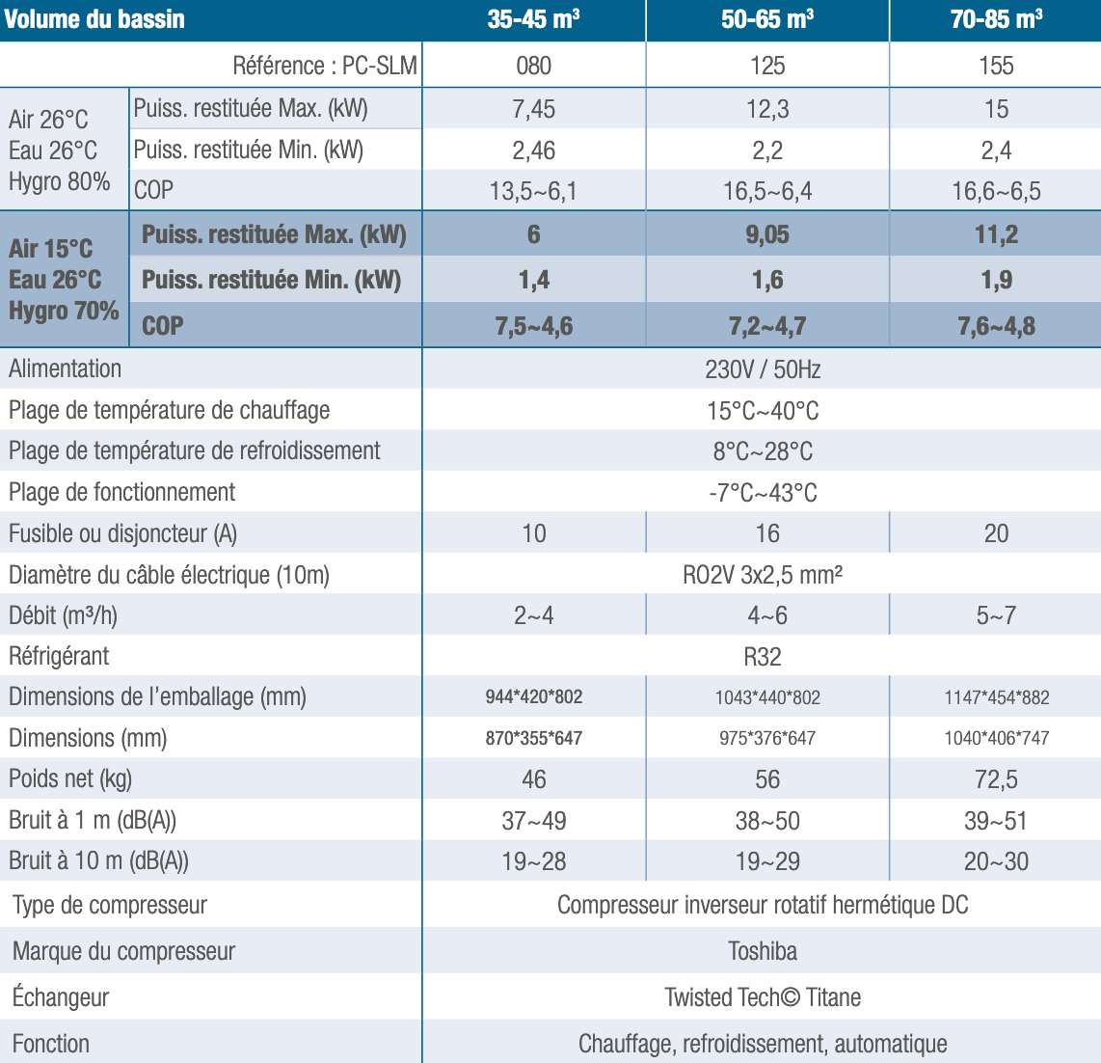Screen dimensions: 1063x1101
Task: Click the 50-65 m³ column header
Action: click(x=766, y=20)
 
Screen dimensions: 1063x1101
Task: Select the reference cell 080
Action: click(x=533, y=66)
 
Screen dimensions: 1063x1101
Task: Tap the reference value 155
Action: click(x=996, y=66)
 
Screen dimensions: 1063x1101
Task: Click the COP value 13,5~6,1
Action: click(x=533, y=191)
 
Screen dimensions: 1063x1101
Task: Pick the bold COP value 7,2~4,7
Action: click(x=767, y=326)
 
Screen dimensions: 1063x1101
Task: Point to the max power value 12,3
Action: click(x=767, y=109)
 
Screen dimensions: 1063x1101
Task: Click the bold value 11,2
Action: click(x=996, y=234)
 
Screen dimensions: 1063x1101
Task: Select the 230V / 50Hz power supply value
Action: click(x=763, y=369)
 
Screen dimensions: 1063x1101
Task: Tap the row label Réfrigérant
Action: click(x=59, y=657)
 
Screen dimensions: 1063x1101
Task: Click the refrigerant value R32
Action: click(x=763, y=657)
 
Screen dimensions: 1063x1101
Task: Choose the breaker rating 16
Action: click(x=767, y=533)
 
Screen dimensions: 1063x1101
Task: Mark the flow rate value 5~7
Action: click(x=996, y=615)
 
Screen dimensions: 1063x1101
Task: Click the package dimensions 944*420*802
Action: click(x=533, y=696)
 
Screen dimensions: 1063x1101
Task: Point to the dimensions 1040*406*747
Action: click(x=996, y=738)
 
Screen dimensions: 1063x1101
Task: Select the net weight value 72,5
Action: click(x=996, y=779)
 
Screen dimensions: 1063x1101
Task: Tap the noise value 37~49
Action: click(x=533, y=821)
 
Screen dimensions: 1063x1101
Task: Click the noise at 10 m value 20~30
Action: click(x=996, y=861)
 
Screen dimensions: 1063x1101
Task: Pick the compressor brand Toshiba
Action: click(x=763, y=951)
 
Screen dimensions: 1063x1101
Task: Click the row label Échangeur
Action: click(x=61, y=997)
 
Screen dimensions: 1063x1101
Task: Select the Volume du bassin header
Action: click(x=94, y=20)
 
